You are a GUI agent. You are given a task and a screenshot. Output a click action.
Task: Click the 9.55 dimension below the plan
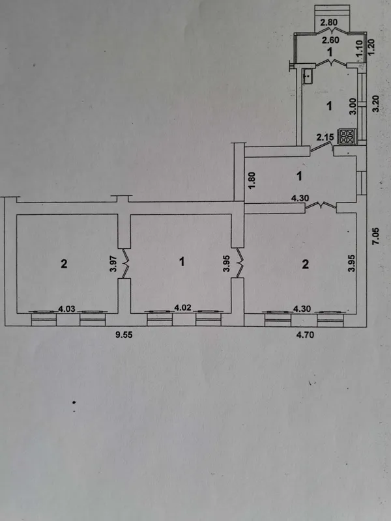point(124,335)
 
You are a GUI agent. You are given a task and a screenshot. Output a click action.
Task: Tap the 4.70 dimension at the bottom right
point(305,335)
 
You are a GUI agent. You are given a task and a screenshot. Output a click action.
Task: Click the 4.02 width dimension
point(182,307)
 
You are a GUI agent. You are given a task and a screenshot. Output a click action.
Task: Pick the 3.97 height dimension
point(113,264)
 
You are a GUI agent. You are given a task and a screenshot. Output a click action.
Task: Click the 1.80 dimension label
point(252,180)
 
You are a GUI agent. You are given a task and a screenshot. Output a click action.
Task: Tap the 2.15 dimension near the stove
point(324,137)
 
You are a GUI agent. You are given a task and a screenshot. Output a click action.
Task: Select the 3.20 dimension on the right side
point(376,104)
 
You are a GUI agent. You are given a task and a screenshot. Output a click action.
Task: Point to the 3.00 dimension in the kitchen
point(353,106)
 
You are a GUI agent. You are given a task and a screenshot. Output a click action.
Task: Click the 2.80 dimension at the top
point(329,23)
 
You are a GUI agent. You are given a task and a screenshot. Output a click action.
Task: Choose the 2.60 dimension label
point(330,40)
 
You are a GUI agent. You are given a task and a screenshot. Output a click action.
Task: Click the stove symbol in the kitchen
point(347,137)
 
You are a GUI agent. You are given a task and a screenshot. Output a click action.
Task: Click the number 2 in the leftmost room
point(64,264)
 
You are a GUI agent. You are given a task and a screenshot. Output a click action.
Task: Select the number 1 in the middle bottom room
point(182,262)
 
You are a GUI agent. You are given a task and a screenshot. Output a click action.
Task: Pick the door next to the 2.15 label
point(322,148)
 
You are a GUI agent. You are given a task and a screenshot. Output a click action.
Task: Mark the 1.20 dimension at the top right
point(372,48)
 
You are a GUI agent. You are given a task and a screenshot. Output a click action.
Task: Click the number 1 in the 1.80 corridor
point(300,176)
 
